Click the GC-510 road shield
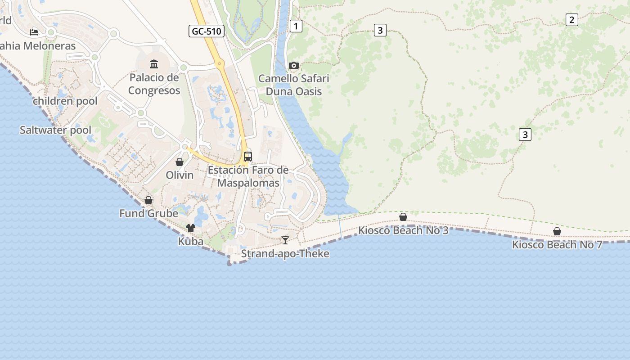207,31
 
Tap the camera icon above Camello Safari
293,66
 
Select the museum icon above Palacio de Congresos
154,64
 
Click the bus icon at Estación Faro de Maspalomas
248,157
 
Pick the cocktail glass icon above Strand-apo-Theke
285,240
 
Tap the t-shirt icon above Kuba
191,228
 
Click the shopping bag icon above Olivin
180,162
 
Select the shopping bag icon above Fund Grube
148,200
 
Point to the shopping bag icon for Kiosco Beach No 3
403,217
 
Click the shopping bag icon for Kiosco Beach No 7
557,231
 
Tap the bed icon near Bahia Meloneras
34,32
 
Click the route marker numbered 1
296,26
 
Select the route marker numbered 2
571,20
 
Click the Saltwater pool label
55,130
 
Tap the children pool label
65,101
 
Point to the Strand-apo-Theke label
285,254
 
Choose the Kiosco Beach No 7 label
557,245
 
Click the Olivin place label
180,175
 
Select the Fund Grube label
148,213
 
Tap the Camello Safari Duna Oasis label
293,85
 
